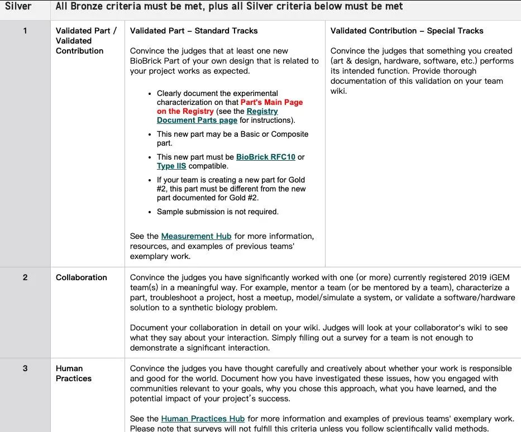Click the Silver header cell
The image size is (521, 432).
tap(18, 7)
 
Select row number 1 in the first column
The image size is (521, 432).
tap(25, 31)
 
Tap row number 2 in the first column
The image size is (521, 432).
tap(25, 277)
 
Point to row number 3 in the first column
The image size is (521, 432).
tap(25, 368)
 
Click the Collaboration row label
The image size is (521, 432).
tap(81, 277)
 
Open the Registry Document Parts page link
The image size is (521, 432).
tap(197, 120)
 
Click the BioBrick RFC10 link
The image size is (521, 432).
tap(266, 157)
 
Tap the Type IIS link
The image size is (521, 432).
tap(171, 166)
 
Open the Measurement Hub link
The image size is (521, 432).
tap(196, 236)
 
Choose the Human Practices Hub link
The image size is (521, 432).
tap(203, 419)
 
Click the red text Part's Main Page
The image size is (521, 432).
tap(271, 102)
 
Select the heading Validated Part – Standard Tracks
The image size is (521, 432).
tap(194, 31)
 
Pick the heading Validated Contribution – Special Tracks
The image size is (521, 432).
tap(407, 31)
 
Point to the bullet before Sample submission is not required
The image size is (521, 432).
tap(150, 212)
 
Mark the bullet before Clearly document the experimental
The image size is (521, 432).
tap(150, 94)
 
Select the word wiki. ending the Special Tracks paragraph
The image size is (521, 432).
tap(338, 91)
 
